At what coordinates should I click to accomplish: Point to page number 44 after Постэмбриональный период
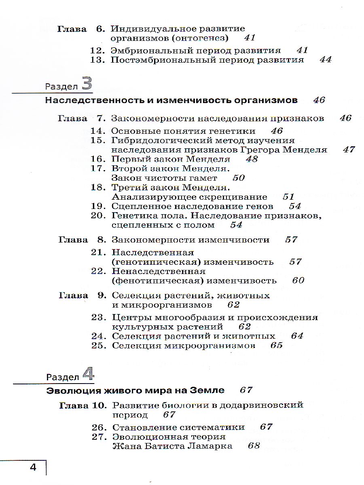point(325,60)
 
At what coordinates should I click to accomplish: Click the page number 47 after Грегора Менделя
point(348,150)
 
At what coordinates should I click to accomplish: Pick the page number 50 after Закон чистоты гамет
point(239,178)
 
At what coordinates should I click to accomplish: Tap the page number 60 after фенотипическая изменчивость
point(298,280)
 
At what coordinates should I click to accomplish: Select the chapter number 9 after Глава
point(102,295)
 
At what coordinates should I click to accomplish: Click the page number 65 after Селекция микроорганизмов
point(276,346)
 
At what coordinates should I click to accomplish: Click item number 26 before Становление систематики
point(99,427)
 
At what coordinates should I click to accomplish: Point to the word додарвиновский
point(263,405)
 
